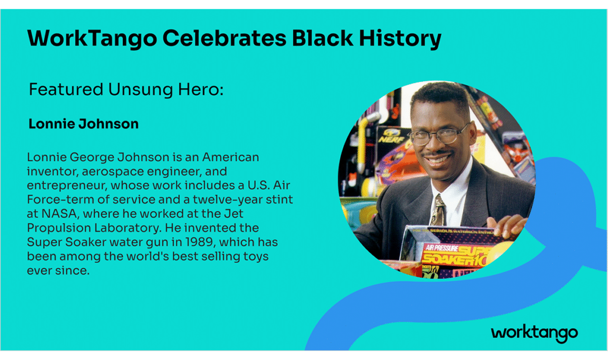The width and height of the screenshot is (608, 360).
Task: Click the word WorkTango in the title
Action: click(x=92, y=39)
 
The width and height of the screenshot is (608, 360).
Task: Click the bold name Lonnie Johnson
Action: click(x=83, y=124)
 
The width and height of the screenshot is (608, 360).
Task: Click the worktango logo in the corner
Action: click(x=534, y=333)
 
